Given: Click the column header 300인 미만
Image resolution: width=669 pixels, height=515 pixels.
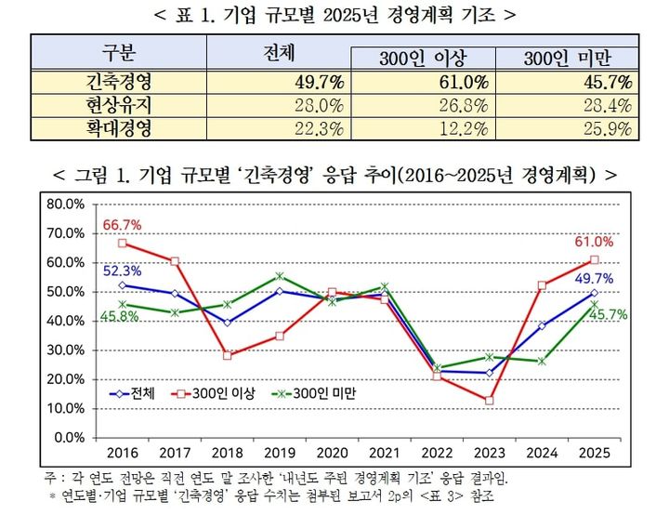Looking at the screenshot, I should (x=567, y=59).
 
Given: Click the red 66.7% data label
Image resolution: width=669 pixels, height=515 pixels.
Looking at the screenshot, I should (x=122, y=225).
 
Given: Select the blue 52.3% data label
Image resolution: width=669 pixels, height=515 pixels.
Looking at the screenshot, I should (x=122, y=271).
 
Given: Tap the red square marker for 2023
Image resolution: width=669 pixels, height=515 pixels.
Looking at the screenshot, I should (x=488, y=400).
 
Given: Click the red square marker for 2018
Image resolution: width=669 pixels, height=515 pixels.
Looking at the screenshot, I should (x=228, y=355).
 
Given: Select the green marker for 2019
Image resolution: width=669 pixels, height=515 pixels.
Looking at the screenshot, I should (x=280, y=276).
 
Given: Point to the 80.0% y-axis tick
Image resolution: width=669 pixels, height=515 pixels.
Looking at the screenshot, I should (x=64, y=204).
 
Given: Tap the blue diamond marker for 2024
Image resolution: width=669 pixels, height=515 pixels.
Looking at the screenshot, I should (x=542, y=325).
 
